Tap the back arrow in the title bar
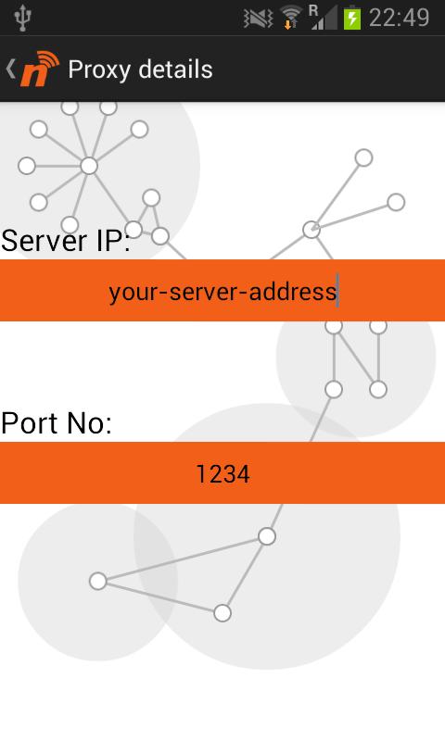tap(10, 69)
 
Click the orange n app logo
tap(40, 69)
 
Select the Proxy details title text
tap(140, 69)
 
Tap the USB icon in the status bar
tap(22, 19)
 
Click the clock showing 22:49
tap(399, 18)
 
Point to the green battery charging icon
tap(352, 19)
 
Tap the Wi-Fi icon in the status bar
tap(290, 18)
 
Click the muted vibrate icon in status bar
tap(259, 19)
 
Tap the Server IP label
tap(66, 240)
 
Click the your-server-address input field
tap(222, 290)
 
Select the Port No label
tap(57, 423)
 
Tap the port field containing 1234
tap(222, 472)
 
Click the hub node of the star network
tap(89, 166)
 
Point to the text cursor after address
tap(337, 290)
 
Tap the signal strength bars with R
tap(323, 18)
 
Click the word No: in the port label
tap(90, 423)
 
